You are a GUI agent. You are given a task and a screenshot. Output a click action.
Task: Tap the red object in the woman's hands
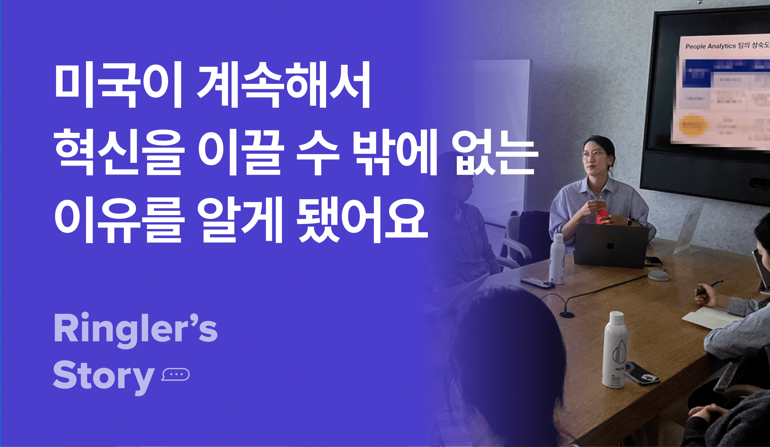click(602, 215)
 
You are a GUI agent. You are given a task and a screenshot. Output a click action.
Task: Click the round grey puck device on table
click(659, 275)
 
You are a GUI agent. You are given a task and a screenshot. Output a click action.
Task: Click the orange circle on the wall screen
click(693, 125)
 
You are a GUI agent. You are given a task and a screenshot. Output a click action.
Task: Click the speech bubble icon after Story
click(175, 374)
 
